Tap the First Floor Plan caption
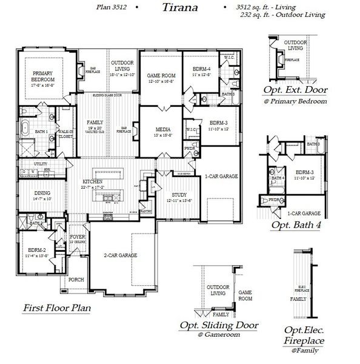[x=56, y=308]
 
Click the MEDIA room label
[x=162, y=130]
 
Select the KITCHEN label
[x=93, y=181]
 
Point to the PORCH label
[x=76, y=280]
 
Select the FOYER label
[x=78, y=237]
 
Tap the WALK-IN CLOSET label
[x=65, y=133]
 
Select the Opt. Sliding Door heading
[x=219, y=325]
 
